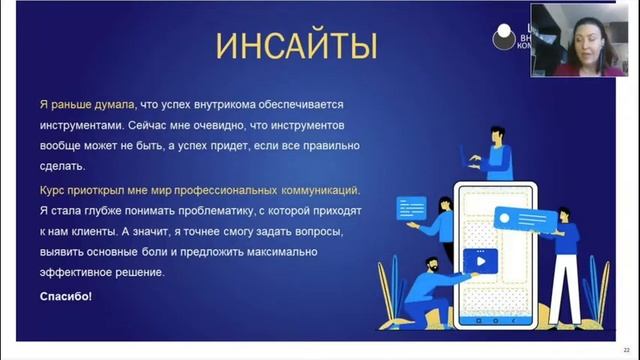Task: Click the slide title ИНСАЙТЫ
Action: coord(296,45)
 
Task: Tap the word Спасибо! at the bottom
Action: coord(65,296)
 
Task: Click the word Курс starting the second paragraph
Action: coord(54,189)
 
